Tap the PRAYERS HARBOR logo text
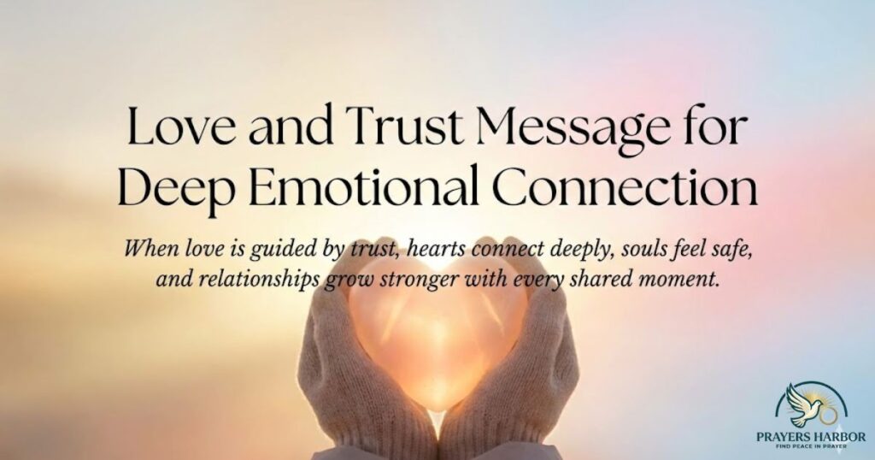point(811,437)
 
